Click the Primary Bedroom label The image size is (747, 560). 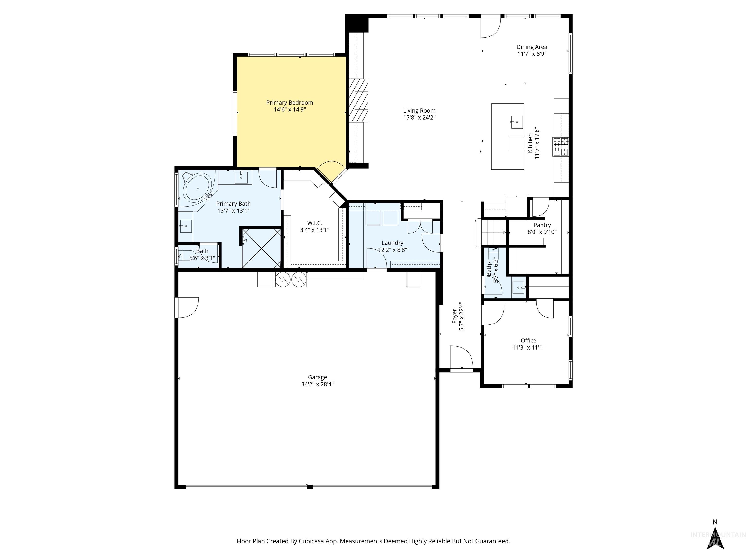coord(289,103)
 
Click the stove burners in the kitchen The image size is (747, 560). coord(560,147)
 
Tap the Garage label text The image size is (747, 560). coord(317,377)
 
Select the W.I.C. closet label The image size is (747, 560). coord(314,223)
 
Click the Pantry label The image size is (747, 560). coord(542,225)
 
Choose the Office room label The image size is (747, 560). coord(528,341)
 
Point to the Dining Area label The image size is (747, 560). coord(532,47)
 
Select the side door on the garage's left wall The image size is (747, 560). coord(187,307)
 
